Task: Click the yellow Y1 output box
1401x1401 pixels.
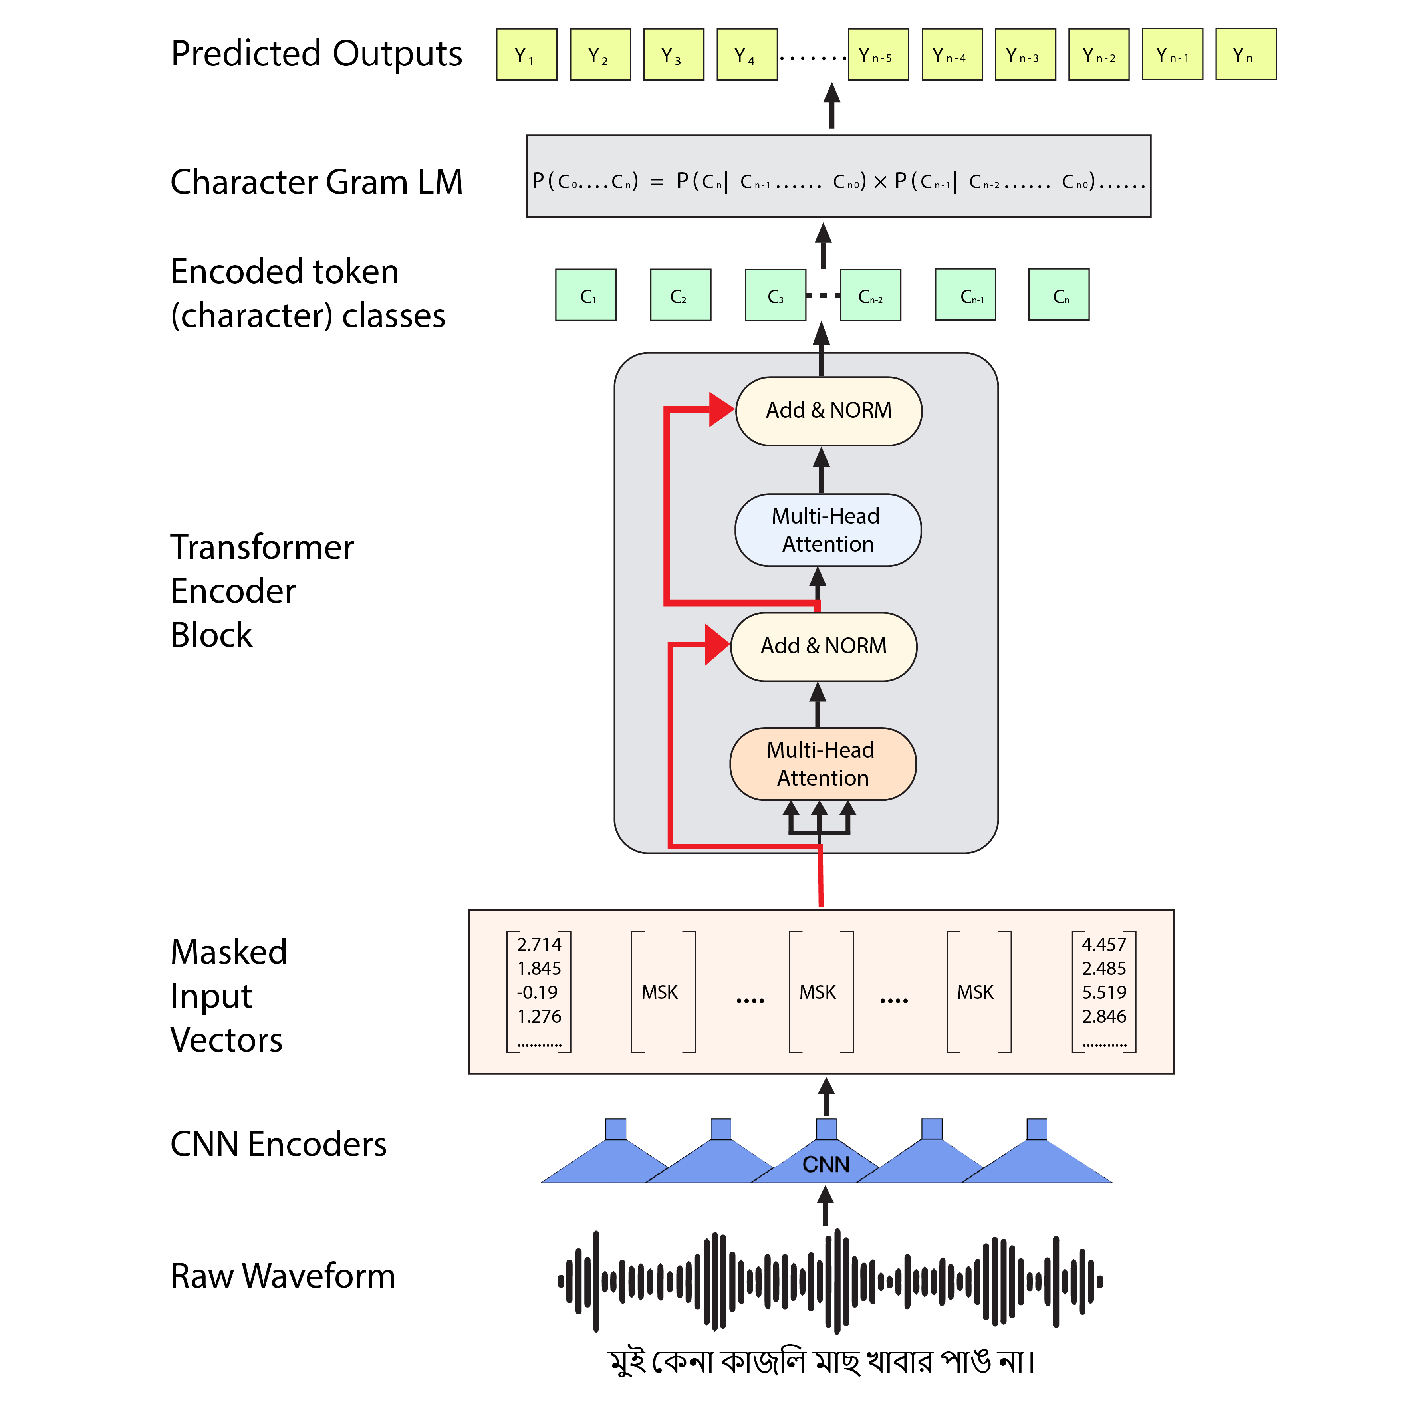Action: coord(526,54)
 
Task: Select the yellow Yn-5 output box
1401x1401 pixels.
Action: coord(878,54)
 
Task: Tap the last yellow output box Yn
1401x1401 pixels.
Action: coord(1245,54)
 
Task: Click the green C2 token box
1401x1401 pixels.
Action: coord(680,295)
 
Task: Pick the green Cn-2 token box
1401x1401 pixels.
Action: coord(870,295)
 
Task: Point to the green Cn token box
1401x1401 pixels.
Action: coord(1059,295)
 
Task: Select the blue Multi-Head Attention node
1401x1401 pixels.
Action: coord(828,530)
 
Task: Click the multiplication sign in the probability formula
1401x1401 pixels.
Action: coord(880,182)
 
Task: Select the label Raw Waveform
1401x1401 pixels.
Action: coord(283,1276)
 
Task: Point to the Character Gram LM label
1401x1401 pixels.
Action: coord(316,182)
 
